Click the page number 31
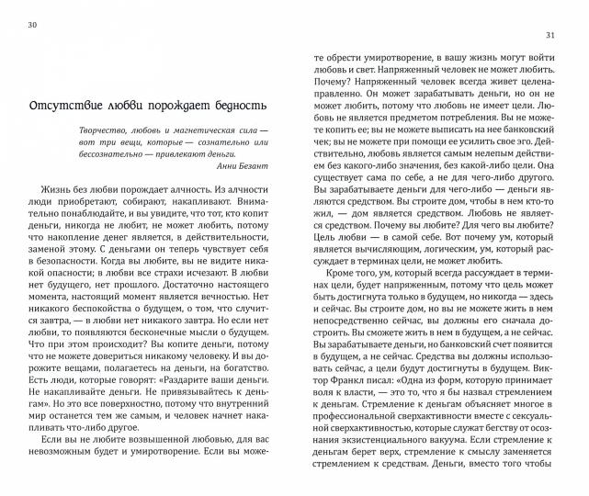click(554, 36)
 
